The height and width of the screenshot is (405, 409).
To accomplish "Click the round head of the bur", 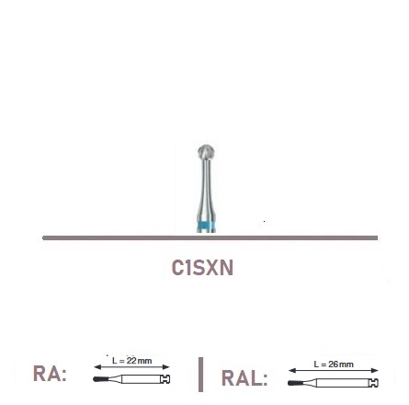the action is [206, 152].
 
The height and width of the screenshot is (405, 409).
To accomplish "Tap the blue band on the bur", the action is [206, 226].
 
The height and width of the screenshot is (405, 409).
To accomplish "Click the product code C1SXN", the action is [202, 268].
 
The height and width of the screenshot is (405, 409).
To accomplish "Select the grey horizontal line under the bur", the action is [210, 237].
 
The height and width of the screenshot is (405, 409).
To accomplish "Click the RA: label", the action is [50, 374].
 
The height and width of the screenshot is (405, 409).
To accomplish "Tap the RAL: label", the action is [244, 378].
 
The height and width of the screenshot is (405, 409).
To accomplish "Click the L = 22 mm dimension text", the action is [132, 361].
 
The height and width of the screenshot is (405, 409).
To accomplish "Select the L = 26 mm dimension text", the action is [334, 364].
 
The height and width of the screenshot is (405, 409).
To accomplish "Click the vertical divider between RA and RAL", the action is [200, 375].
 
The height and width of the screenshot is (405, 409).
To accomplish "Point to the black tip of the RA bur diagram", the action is [99, 379].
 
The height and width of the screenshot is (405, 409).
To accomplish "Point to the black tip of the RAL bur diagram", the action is [294, 383].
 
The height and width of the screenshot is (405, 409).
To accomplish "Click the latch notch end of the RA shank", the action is [165, 379].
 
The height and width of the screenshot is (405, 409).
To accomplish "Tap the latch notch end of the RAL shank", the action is [374, 383].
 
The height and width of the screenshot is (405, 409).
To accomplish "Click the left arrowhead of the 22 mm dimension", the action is [97, 367].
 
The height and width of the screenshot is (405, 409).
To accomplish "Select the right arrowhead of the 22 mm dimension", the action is [166, 367].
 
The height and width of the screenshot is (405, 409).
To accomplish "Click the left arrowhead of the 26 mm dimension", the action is [292, 371].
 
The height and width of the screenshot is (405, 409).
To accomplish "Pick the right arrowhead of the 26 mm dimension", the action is [374, 371].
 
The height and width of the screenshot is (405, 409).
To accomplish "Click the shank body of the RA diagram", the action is [142, 379].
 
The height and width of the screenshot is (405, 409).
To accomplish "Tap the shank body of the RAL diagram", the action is [343, 383].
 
